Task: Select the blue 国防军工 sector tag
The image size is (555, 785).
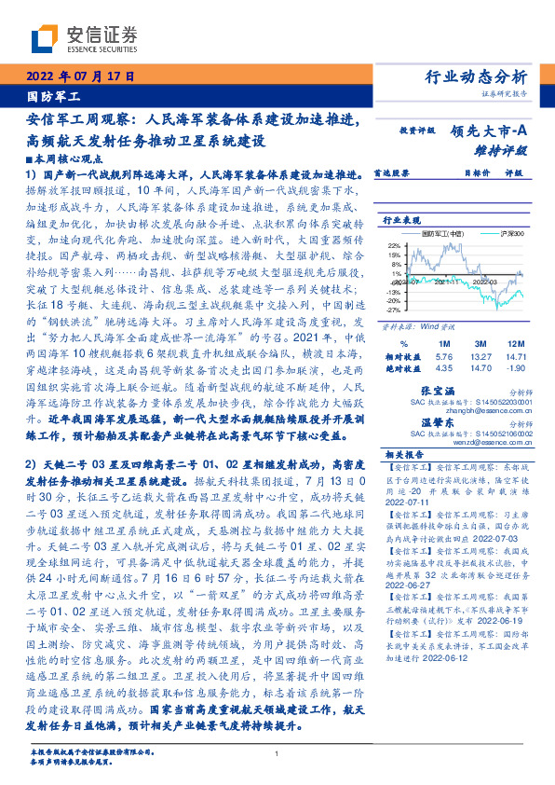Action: pos(54,96)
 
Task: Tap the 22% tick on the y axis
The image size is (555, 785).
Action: pos(395,243)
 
